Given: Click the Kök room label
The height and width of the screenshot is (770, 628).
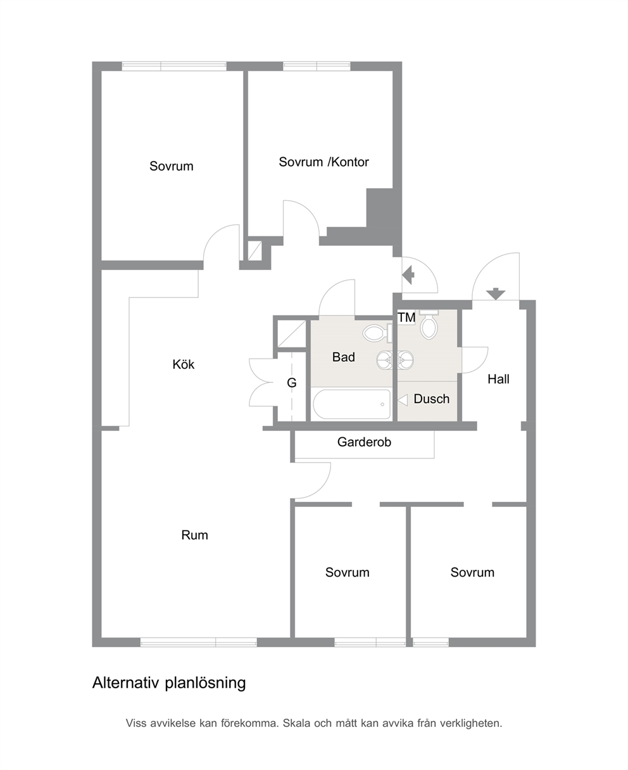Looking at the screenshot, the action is [x=183, y=364].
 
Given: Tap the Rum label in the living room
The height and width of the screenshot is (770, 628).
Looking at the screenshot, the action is [x=194, y=536].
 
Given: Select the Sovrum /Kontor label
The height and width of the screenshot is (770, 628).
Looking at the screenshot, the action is [x=323, y=162].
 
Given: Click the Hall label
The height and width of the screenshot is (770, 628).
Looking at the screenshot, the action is [x=498, y=379].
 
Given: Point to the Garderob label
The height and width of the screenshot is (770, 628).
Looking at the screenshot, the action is [x=364, y=442].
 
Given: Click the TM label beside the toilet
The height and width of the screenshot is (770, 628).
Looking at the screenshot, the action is [x=406, y=318].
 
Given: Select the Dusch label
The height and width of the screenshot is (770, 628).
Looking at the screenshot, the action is [x=431, y=399].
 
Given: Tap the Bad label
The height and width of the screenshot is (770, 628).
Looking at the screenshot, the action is [x=343, y=357].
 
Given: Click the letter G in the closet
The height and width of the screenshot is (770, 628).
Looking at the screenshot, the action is [x=291, y=383].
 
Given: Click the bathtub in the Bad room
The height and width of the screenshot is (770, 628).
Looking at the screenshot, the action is [x=351, y=404].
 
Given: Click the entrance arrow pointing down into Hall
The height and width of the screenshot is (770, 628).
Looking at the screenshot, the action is [x=496, y=294].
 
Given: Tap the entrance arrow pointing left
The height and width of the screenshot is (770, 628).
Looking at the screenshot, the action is [x=408, y=275].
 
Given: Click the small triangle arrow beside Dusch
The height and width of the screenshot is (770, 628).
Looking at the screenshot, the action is [x=402, y=401].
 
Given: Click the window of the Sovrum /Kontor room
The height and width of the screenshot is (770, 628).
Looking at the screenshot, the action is [x=317, y=67].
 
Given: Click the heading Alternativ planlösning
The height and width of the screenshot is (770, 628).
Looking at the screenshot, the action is [x=169, y=683].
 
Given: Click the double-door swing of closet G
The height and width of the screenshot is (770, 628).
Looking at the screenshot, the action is [x=261, y=382].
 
